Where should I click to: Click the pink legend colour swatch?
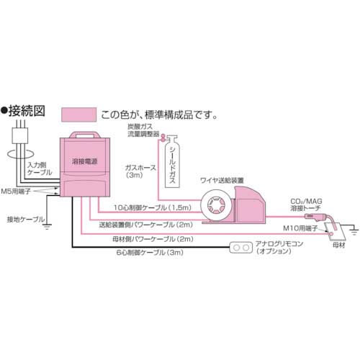click(x=78, y=114)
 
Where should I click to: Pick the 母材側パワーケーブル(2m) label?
click(x=150, y=238)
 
